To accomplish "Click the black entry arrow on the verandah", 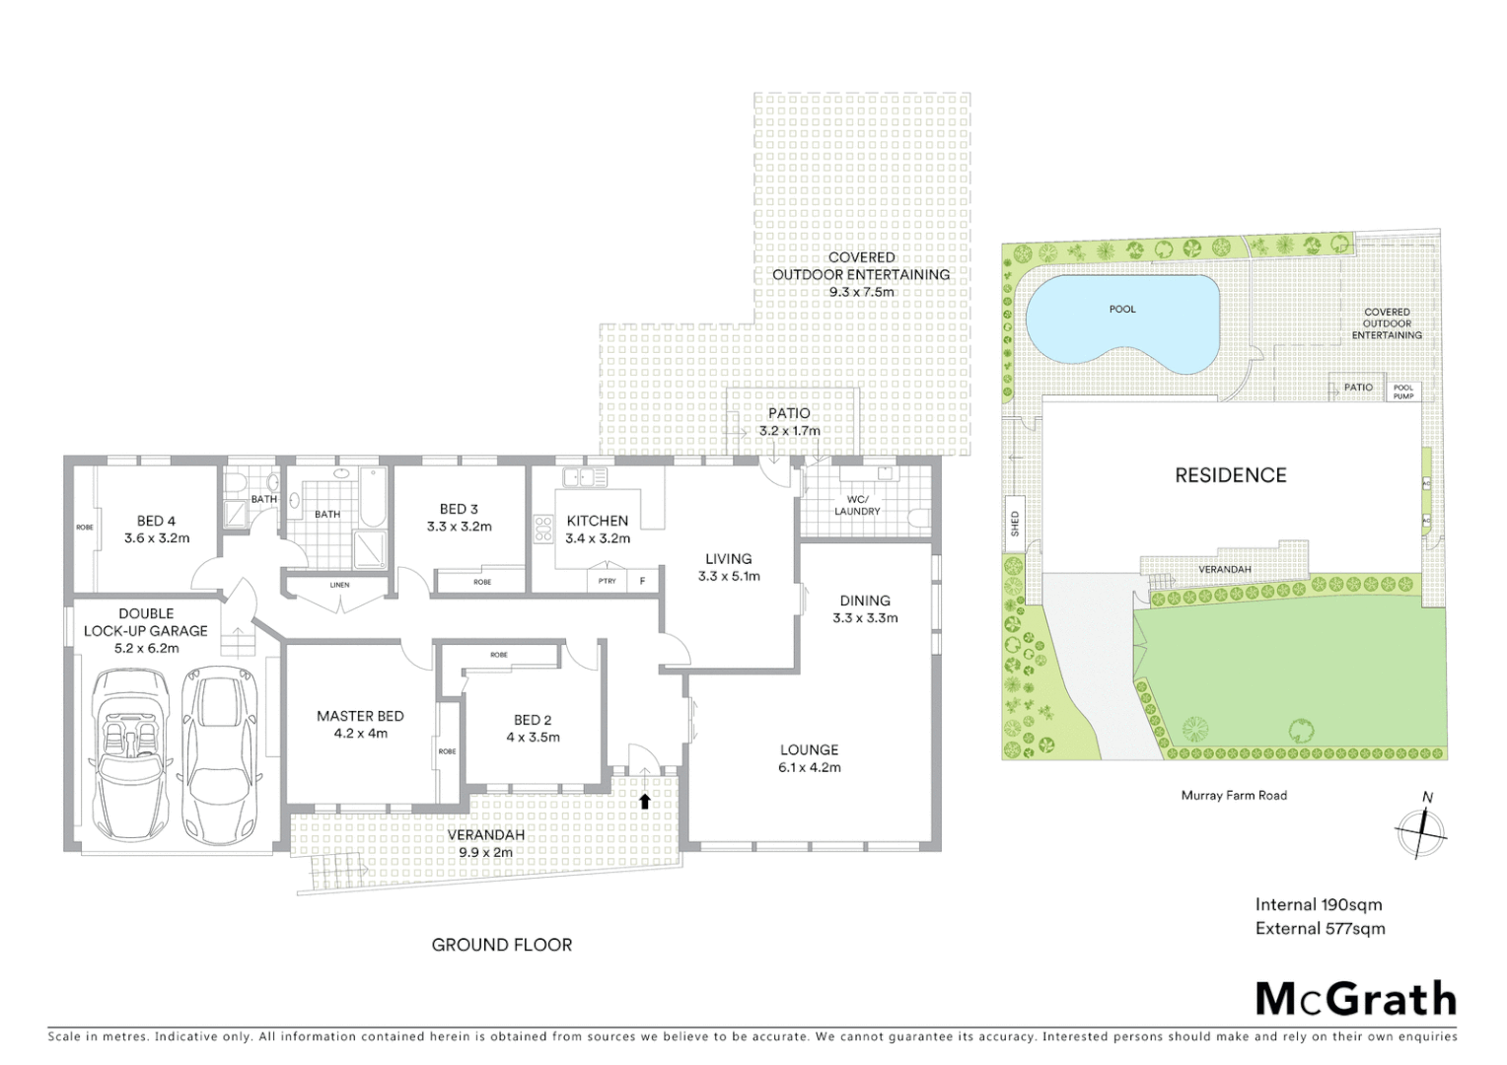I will pyautogui.click(x=644, y=801).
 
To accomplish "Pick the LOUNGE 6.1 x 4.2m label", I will pyautogui.click(x=810, y=758).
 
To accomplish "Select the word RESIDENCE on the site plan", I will pyautogui.click(x=1230, y=475).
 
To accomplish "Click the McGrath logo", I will pyautogui.click(x=1356, y=998).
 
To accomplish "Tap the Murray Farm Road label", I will pyautogui.click(x=1234, y=795).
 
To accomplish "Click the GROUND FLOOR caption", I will pyautogui.click(x=501, y=945).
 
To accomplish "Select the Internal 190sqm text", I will pyautogui.click(x=1319, y=904).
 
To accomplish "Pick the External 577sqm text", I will pyautogui.click(x=1320, y=928).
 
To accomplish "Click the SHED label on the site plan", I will pyautogui.click(x=1015, y=523).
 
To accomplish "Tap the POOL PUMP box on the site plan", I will pyautogui.click(x=1402, y=391).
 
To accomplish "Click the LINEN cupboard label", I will pyautogui.click(x=339, y=585).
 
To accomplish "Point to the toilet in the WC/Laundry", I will pyautogui.click(x=917, y=518).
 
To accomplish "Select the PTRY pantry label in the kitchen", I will pyautogui.click(x=607, y=581).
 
